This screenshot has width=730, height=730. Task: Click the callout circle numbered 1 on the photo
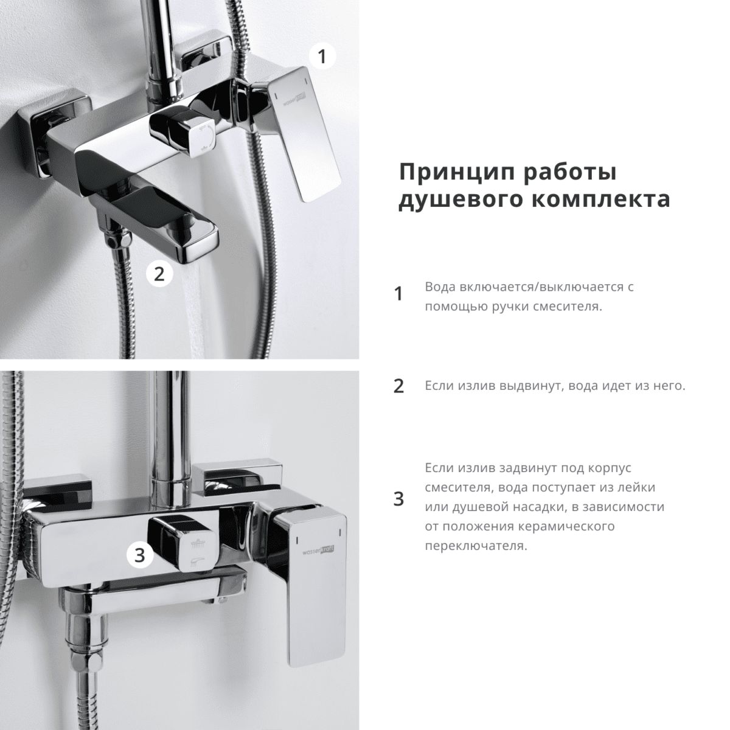click(322, 57)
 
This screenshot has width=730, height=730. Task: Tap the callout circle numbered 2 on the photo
click(159, 274)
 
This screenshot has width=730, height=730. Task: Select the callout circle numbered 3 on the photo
click(140, 554)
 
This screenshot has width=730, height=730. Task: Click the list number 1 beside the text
click(398, 294)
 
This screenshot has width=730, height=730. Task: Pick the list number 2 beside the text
click(398, 386)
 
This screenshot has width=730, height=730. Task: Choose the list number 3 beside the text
click(398, 499)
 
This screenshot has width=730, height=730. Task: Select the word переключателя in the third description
click(474, 546)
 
